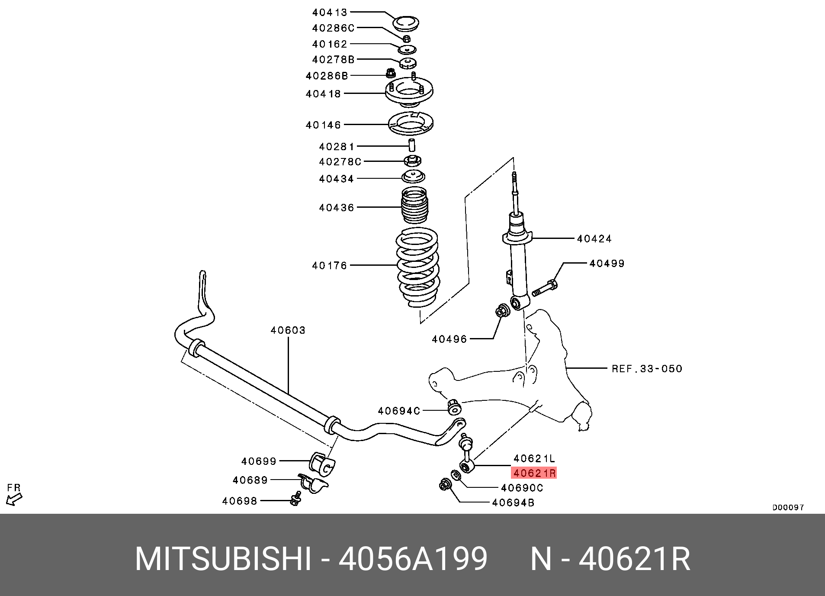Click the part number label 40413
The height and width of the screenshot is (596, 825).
tap(330, 13)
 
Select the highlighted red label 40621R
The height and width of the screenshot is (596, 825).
tap(534, 473)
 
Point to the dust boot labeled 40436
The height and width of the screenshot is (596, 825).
tap(414, 205)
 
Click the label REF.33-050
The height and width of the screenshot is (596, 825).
tap(646, 369)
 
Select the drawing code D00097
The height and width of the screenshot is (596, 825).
tap(788, 507)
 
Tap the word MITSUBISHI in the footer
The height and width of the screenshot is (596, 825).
tap(223, 559)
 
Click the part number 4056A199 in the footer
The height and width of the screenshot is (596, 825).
tap(413, 559)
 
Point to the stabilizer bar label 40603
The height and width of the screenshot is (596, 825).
tap(288, 330)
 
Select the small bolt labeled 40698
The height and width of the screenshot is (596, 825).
tap(296, 499)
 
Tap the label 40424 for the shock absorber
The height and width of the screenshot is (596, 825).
tap(594, 238)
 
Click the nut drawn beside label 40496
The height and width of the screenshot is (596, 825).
tap(502, 311)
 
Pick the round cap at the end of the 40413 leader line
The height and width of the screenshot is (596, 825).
tap(405, 23)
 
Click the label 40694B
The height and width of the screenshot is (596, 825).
tap(513, 503)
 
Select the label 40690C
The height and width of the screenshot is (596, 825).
tap(522, 488)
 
